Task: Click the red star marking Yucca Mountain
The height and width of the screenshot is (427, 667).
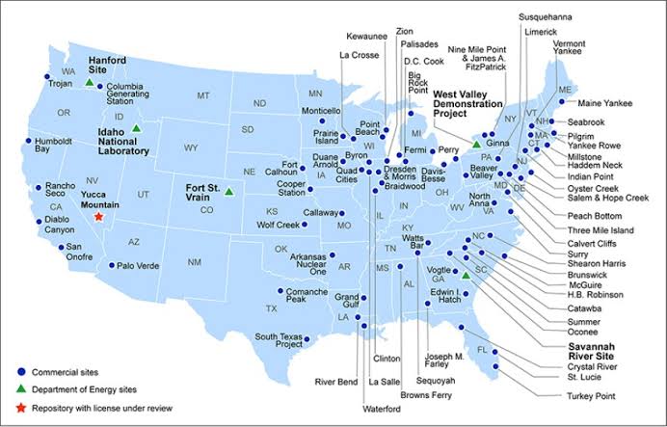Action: click(x=98, y=218)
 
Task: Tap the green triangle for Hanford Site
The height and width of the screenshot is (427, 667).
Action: click(x=89, y=83)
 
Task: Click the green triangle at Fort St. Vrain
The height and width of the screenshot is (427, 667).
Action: click(x=228, y=192)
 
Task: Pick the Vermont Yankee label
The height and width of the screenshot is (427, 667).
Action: click(x=570, y=50)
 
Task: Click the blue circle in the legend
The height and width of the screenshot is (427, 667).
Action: click(x=21, y=371)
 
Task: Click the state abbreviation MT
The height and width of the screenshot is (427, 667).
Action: click(x=202, y=95)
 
